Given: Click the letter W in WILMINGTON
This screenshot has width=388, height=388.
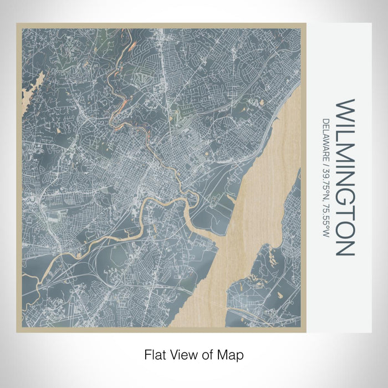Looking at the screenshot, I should click(x=345, y=109).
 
